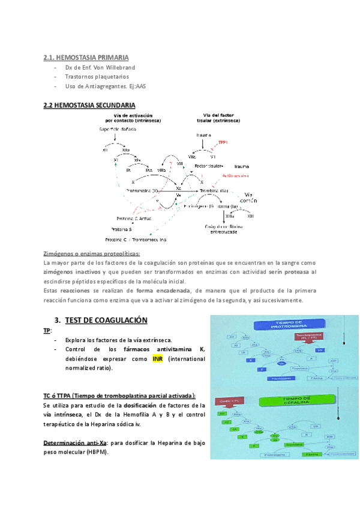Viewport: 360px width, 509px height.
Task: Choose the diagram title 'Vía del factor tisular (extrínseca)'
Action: (221, 118)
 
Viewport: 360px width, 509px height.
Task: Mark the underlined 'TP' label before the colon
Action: (47, 331)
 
